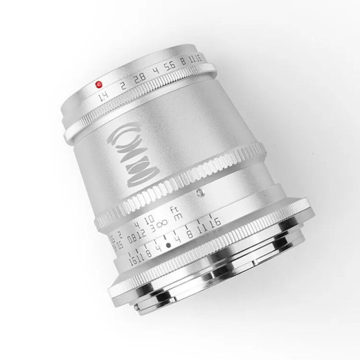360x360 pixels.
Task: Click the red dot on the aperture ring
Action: pos(99,84)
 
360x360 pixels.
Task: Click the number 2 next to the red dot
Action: pos(122,86)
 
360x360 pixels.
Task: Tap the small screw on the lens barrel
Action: pos(198,193)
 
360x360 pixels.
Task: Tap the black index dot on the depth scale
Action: pos(168,246)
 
